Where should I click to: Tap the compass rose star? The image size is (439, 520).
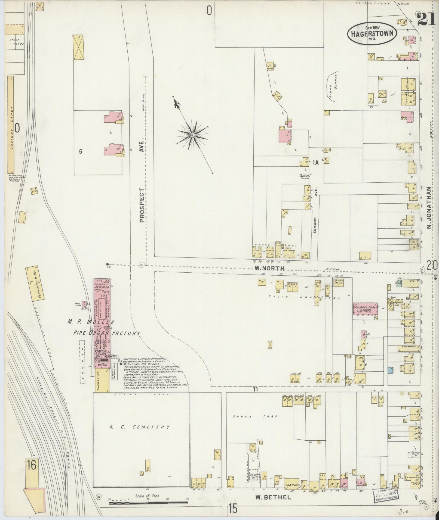coord(192,135)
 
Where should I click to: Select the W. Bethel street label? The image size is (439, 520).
coord(273,497)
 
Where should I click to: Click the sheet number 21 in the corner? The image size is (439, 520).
coord(426,20)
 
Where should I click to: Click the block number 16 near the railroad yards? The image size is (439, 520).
coord(31,466)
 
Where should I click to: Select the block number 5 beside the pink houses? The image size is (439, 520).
coord(80,152)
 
